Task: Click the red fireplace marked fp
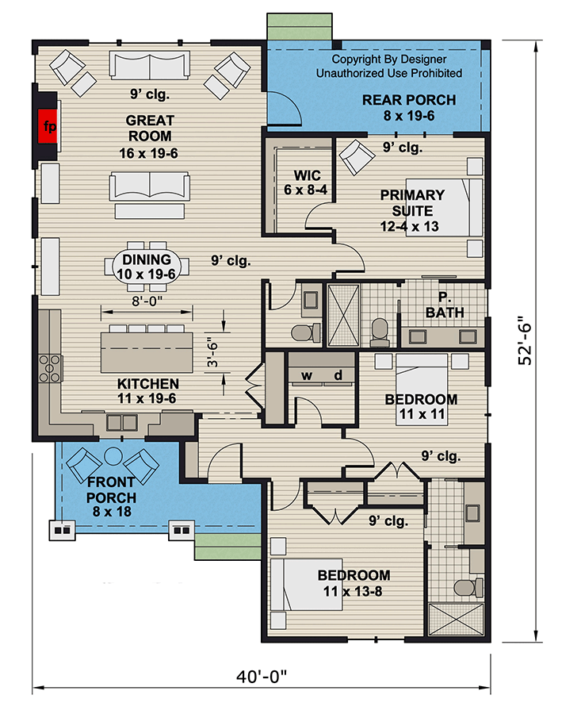click(48, 126)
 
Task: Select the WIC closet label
click(306, 182)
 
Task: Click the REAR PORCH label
click(409, 107)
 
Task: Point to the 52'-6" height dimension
click(525, 340)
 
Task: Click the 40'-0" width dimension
click(262, 677)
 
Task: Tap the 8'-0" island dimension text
click(147, 301)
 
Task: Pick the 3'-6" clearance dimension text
click(212, 352)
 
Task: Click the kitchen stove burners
click(50, 368)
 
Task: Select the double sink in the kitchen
click(121, 423)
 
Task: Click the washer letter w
click(307, 376)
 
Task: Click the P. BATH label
click(445, 305)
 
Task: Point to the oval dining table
click(147, 267)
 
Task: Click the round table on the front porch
click(113, 456)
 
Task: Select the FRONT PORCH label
click(111, 497)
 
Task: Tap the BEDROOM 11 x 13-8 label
click(354, 583)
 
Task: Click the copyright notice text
click(389, 66)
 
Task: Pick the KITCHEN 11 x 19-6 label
click(147, 390)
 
